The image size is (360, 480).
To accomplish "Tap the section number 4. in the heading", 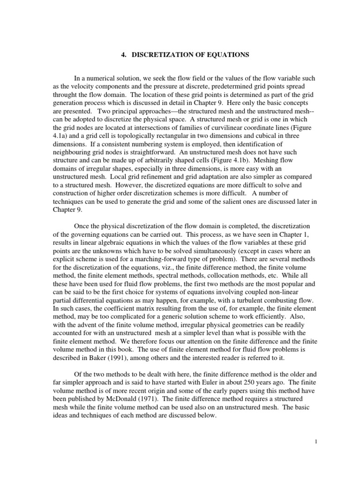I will point(124,55).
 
